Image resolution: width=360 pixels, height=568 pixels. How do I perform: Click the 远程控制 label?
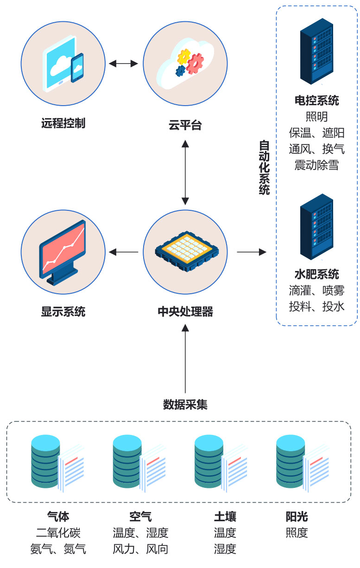coord(63,124)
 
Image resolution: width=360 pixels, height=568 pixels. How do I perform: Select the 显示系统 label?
coord(63,311)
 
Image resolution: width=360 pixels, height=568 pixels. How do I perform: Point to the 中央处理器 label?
coord(185,311)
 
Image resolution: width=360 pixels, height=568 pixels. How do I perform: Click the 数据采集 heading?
coord(185,404)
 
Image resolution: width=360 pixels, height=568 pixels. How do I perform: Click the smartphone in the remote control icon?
coord(77,68)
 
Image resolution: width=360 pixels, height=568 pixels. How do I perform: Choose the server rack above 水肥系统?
coord(316,227)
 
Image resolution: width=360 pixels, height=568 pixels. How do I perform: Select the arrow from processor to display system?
coord(124,252)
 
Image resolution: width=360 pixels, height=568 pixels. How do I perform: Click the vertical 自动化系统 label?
coord(264,167)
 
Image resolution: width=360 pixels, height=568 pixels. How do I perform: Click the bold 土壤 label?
coord(225,517)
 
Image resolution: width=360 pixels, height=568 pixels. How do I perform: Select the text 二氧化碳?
coord(58,533)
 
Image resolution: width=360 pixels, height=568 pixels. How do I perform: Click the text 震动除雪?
coord(316,165)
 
